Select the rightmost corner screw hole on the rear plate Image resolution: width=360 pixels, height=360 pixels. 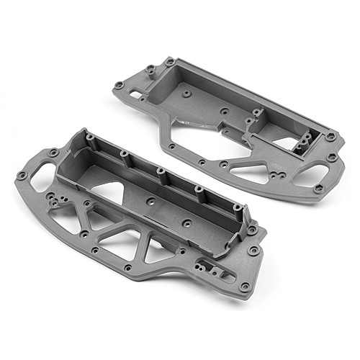tap(330, 136)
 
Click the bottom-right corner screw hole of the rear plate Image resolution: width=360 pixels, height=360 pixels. tap(318, 189)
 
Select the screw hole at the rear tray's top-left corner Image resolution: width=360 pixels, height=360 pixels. tap(169, 62)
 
